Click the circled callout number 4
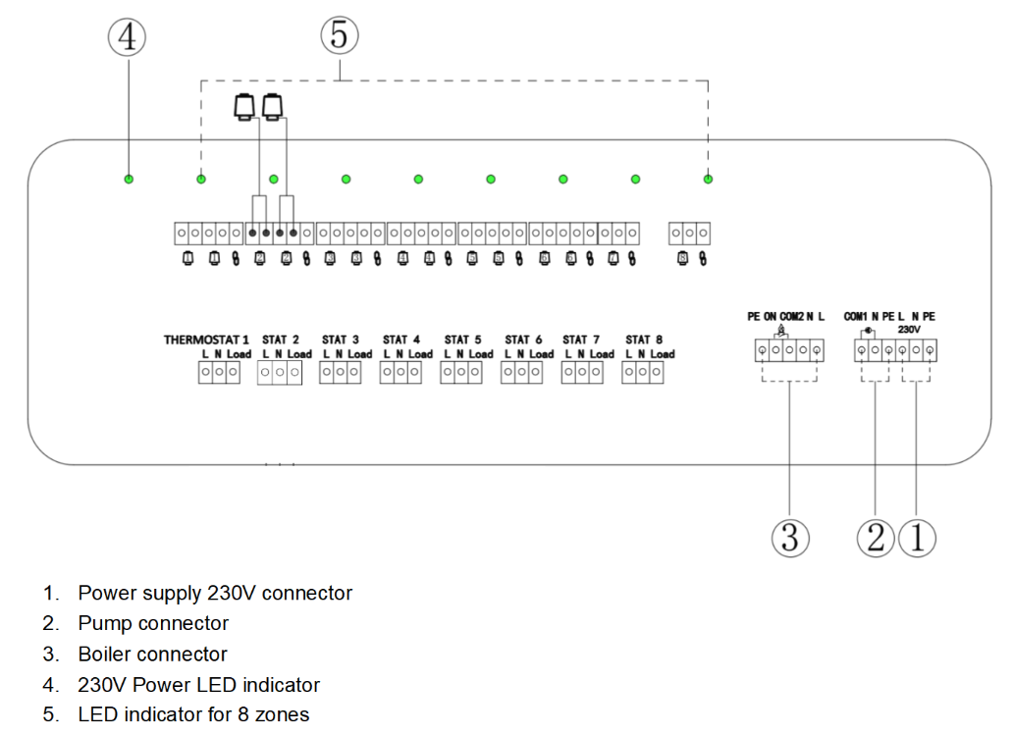(x=128, y=38)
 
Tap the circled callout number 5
(x=339, y=37)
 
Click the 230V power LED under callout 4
(x=129, y=180)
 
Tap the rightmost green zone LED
(x=708, y=180)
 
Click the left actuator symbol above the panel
(x=243, y=105)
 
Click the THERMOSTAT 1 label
(x=206, y=340)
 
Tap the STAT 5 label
(x=462, y=340)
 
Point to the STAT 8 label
(x=644, y=340)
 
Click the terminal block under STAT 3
(x=341, y=373)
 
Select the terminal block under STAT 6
(x=522, y=373)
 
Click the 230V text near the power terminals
(x=910, y=330)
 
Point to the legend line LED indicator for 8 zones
(x=193, y=714)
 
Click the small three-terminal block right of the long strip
(x=689, y=234)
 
